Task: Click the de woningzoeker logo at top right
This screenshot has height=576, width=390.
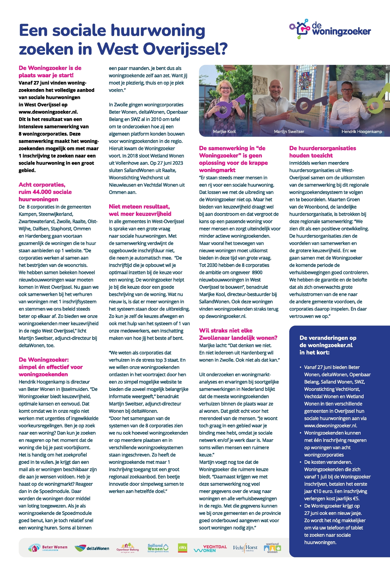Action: pos(330,29)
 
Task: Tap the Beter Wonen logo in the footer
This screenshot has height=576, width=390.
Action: pos(48,548)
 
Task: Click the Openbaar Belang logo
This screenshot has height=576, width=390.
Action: pos(127,547)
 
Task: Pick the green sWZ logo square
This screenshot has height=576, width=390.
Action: pos(182,547)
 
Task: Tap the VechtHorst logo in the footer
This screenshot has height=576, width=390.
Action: pos(245,548)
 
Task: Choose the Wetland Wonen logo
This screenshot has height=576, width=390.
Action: pos(272,548)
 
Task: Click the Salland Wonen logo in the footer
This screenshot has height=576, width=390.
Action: pos(158,548)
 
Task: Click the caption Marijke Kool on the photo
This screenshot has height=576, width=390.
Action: pos(224,131)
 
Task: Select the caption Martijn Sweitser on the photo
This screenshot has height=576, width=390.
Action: pos(289,131)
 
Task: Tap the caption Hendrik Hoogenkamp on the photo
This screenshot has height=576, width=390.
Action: pos(361,131)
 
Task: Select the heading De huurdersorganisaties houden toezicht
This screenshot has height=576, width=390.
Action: pos(322,152)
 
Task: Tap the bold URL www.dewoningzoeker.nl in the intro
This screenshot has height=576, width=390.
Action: pos(48,112)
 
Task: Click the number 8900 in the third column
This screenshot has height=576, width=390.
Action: pos(257,272)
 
